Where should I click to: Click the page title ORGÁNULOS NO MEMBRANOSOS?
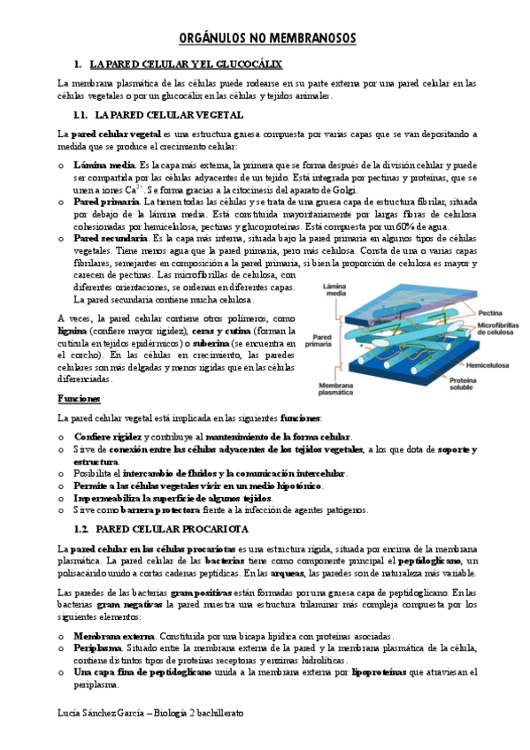265,39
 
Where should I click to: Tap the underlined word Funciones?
78,399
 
